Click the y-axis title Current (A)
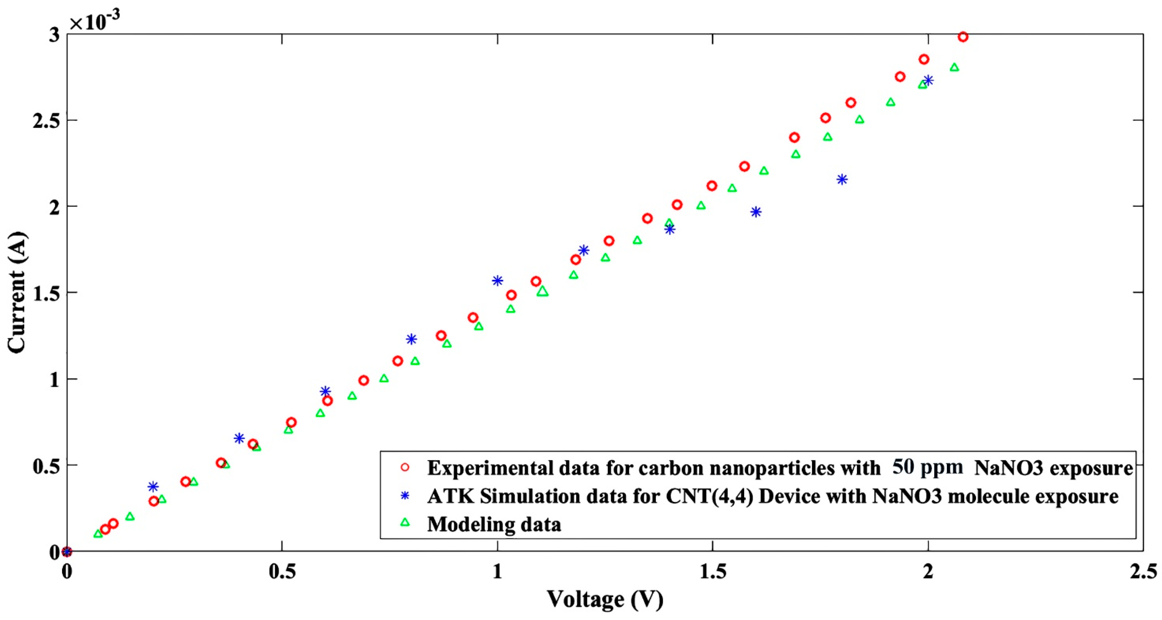[x=17, y=292]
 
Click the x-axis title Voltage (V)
[x=605, y=599]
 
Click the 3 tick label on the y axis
[x=54, y=34]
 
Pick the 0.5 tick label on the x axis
[x=282, y=572]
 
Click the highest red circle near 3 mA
[x=963, y=37]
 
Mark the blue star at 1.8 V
[x=842, y=180]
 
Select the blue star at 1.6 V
[x=756, y=212]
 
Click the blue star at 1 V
[x=497, y=281]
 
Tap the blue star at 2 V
[x=928, y=80]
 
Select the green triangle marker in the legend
[x=405, y=522]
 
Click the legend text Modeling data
[x=494, y=524]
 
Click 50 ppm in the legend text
[x=927, y=467]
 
